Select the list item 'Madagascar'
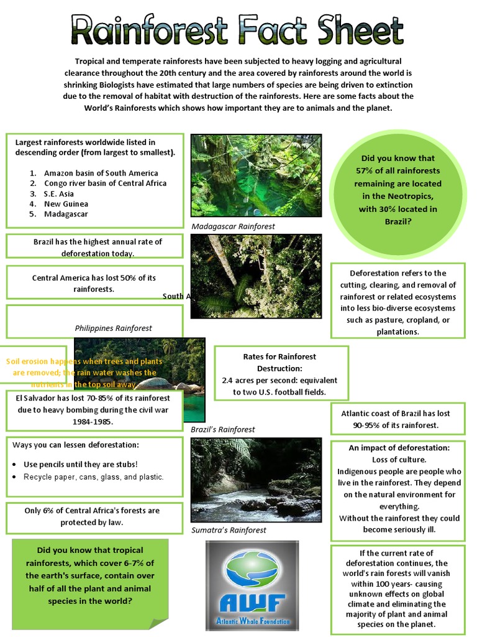coord(66,214)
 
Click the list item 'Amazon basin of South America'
coord(101,173)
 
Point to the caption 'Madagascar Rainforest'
coord(233,226)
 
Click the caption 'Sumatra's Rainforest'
coord(229,530)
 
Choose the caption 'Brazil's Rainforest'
coord(222,429)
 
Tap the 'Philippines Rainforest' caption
coord(113,328)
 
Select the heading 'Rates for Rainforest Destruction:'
coord(279,363)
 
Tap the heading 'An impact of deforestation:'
coord(399,448)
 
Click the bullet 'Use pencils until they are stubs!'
coord(80,464)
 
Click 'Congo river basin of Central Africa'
coord(105,184)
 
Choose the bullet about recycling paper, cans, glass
coord(93,477)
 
